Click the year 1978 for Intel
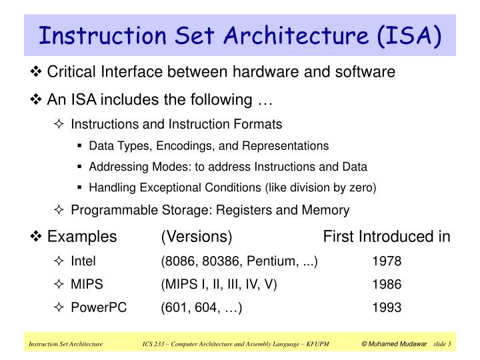tap(387, 261)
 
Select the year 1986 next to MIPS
tap(387, 284)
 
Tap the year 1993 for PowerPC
tap(387, 307)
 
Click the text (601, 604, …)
tap(201, 307)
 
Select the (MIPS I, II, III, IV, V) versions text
tap(219, 284)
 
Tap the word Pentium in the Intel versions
tap(271, 261)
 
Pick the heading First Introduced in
tap(387, 237)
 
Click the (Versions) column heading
tap(196, 237)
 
